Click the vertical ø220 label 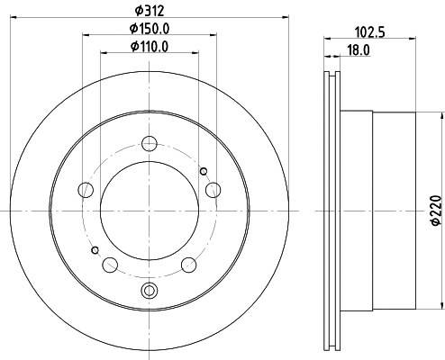pyautogui.click(x=436, y=209)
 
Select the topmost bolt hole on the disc pyautogui.click(x=150, y=142)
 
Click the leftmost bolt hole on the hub pyautogui.click(x=86, y=190)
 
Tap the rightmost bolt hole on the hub pyautogui.click(x=213, y=189)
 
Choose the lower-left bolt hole pyautogui.click(x=110, y=265)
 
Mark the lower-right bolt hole pyautogui.click(x=189, y=265)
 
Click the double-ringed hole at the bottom pyautogui.click(x=150, y=289)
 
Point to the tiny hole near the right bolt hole pyautogui.click(x=204, y=172)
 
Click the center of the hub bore pyautogui.click(x=150, y=211)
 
